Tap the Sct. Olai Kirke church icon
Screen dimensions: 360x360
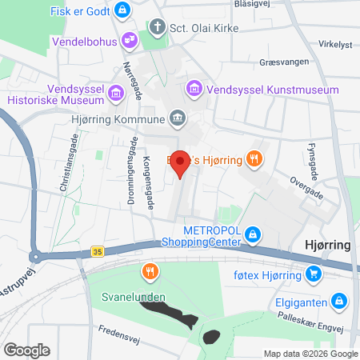point(159,28)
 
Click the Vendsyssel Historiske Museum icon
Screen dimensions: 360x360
point(116,94)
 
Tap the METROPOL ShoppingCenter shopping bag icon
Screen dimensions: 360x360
point(253,234)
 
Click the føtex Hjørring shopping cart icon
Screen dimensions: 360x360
point(314,275)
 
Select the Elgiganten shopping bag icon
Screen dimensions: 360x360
point(339,300)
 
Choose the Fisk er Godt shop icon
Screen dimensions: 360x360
point(122,10)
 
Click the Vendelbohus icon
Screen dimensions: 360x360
point(129,40)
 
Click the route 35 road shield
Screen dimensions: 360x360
point(97,250)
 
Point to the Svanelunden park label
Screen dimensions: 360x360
point(134,298)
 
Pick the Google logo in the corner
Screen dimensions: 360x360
point(26,350)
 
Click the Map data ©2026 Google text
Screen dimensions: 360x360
point(311,354)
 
